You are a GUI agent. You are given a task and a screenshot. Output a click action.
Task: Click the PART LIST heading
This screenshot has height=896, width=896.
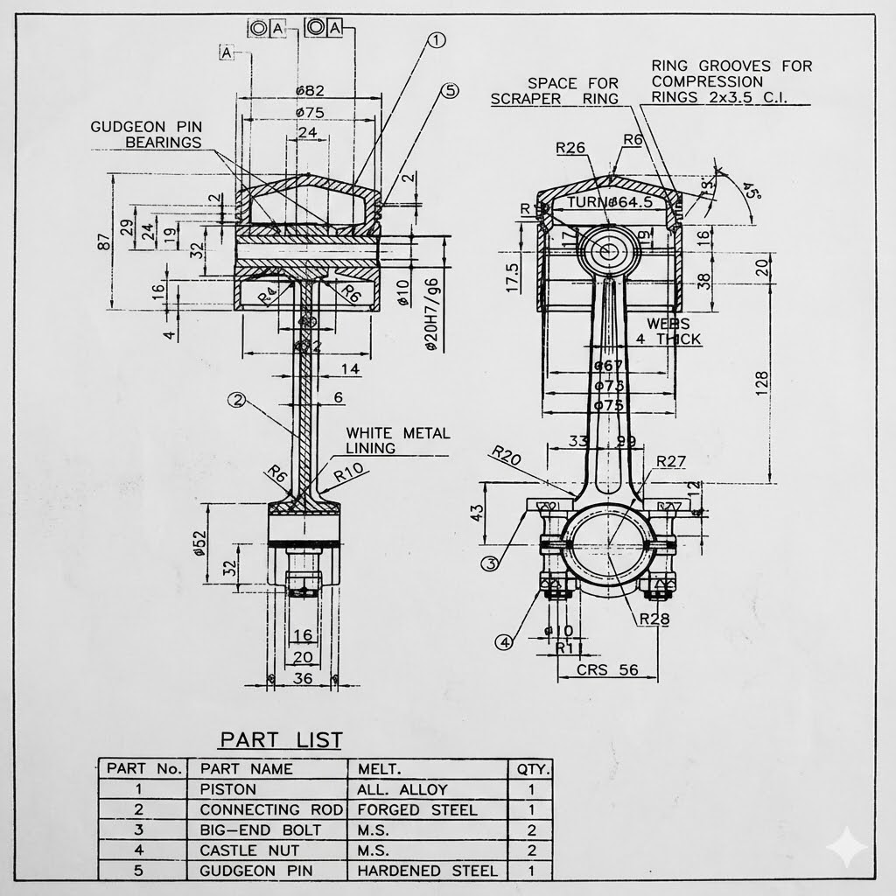[280, 739]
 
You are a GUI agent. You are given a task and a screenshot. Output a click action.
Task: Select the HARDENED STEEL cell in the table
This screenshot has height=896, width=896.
[427, 871]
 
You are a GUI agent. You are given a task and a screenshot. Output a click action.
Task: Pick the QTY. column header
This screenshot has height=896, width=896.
[532, 769]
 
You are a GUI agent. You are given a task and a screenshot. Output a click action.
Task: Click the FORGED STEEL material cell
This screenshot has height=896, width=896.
[416, 810]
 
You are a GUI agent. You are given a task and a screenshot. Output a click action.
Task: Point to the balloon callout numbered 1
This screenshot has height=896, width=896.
[437, 40]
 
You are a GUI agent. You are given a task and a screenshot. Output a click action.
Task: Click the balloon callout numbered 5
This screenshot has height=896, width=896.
[449, 90]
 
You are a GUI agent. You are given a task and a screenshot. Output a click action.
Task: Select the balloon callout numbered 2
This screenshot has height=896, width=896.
[236, 400]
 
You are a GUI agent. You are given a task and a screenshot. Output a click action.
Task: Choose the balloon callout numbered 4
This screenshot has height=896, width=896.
[505, 643]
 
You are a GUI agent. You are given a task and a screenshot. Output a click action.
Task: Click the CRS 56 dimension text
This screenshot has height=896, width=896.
[605, 670]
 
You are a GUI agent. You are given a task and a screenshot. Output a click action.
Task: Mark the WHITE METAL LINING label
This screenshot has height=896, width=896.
[397, 440]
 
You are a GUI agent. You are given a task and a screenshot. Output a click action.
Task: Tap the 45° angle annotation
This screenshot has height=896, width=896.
[750, 191]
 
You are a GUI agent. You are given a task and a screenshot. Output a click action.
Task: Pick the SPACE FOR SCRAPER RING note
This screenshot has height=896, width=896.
[554, 91]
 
